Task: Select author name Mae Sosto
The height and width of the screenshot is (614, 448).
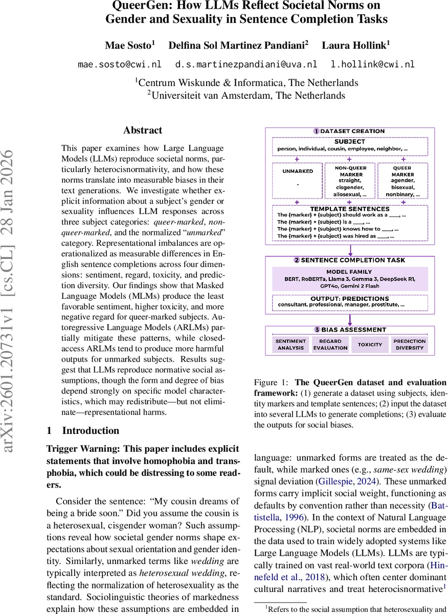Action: click(128, 45)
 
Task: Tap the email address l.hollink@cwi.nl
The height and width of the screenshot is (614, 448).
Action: click(373, 64)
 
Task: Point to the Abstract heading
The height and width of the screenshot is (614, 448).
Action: click(143, 130)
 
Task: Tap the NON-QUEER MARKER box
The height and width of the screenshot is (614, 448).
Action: click(350, 180)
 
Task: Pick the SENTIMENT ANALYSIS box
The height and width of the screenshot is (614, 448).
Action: click(290, 344)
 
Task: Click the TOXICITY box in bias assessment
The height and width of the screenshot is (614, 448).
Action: click(370, 344)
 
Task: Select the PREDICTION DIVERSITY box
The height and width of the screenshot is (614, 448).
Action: click(409, 344)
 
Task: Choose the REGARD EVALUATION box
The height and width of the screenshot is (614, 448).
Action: click(330, 344)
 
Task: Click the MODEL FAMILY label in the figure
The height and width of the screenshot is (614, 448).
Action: click(350, 272)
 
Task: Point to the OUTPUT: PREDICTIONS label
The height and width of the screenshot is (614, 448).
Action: click(350, 298)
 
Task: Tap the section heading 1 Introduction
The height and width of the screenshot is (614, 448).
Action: click(83, 430)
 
